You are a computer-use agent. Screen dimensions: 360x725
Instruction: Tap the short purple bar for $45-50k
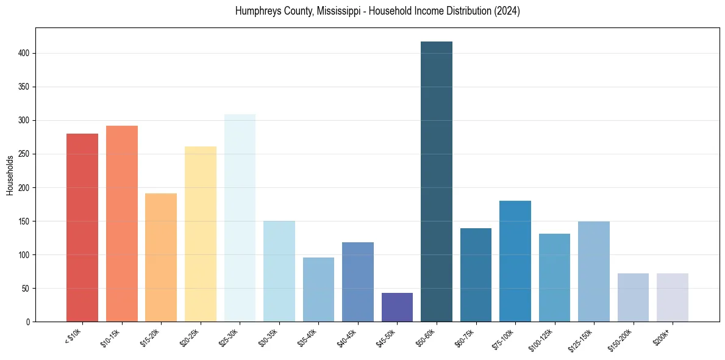click(397, 308)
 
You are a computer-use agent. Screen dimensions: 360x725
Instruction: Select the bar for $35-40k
click(318, 290)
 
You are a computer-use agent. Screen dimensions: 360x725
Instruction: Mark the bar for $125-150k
click(594, 272)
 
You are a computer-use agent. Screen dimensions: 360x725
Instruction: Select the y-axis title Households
click(10, 175)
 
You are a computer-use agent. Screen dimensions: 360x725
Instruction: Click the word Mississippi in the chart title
click(340, 12)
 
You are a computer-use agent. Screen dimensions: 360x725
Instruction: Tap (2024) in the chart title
click(507, 12)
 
